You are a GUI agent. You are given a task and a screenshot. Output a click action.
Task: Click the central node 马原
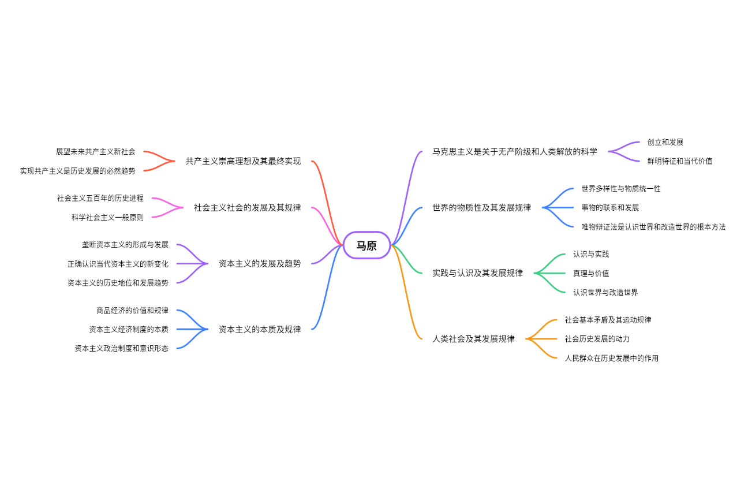pyautogui.click(x=366, y=245)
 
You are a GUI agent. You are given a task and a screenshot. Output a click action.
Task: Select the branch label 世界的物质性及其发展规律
pyautogui.click(x=481, y=207)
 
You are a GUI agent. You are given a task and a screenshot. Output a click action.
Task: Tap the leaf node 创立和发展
pyautogui.click(x=665, y=142)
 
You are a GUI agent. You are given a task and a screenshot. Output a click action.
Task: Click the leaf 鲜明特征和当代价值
pyautogui.click(x=679, y=161)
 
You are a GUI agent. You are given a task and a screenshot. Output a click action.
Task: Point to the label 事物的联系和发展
pyautogui.click(x=610, y=207)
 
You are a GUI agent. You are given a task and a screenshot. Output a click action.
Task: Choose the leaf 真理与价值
pyautogui.click(x=590, y=273)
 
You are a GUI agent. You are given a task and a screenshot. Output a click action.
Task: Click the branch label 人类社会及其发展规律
pyautogui.click(x=473, y=339)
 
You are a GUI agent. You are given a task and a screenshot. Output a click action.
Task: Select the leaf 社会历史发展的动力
pyautogui.click(x=597, y=338)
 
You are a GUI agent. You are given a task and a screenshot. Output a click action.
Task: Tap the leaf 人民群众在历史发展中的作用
pyautogui.click(x=611, y=358)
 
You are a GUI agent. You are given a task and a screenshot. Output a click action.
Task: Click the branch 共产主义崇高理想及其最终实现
pyautogui.click(x=243, y=161)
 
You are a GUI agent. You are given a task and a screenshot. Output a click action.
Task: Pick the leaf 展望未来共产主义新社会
pyautogui.click(x=96, y=151)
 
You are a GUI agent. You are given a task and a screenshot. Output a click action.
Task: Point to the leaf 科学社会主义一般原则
pyautogui.click(x=107, y=217)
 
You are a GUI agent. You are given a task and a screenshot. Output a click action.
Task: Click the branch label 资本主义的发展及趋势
pyautogui.click(x=259, y=263)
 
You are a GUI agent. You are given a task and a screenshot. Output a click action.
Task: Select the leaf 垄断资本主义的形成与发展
pyautogui.click(x=125, y=245)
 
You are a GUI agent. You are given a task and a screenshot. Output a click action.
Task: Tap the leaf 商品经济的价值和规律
pyautogui.click(x=132, y=311)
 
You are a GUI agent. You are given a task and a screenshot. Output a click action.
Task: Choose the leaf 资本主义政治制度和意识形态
pyautogui.click(x=121, y=348)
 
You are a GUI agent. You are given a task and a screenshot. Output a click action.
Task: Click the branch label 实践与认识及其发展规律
pyautogui.click(x=477, y=273)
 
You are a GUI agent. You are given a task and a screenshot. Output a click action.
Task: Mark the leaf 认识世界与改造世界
pyautogui.click(x=605, y=292)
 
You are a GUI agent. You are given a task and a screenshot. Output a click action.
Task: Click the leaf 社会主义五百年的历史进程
pyautogui.click(x=100, y=198)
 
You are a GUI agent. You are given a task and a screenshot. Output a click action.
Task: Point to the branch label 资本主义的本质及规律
pyautogui.click(x=259, y=329)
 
